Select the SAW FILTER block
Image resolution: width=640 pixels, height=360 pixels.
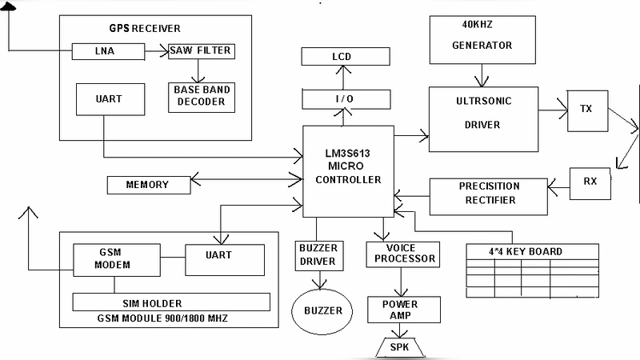click(x=200, y=51)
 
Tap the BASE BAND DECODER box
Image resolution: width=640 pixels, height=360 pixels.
click(x=202, y=96)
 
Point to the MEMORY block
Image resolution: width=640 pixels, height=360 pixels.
click(x=148, y=185)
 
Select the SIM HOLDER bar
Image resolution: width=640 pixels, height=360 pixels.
click(x=170, y=303)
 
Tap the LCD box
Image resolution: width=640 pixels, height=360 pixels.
click(x=342, y=57)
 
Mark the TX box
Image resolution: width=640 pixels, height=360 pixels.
click(x=586, y=110)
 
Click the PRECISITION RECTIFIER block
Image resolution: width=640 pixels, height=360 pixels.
click(x=489, y=193)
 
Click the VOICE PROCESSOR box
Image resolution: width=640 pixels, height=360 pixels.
click(x=402, y=253)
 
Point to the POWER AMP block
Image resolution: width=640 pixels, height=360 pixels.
click(x=399, y=310)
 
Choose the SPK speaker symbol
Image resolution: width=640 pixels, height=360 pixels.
click(x=398, y=346)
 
